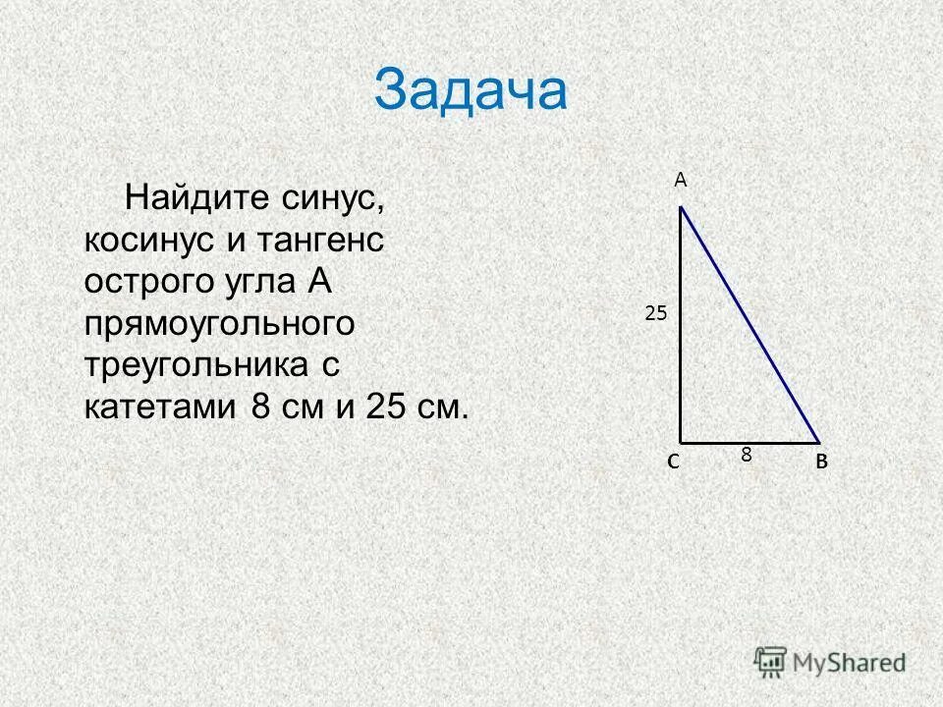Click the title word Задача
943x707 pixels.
click(x=471, y=91)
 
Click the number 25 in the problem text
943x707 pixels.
click(x=386, y=407)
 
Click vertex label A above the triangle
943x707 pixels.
click(x=680, y=180)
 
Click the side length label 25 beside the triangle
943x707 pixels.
click(x=655, y=313)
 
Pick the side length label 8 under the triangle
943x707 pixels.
click(x=747, y=455)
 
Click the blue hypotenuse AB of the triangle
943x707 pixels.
click(x=750, y=324)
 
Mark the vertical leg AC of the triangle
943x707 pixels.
click(x=681, y=324)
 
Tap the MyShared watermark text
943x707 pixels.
click(x=850, y=662)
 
